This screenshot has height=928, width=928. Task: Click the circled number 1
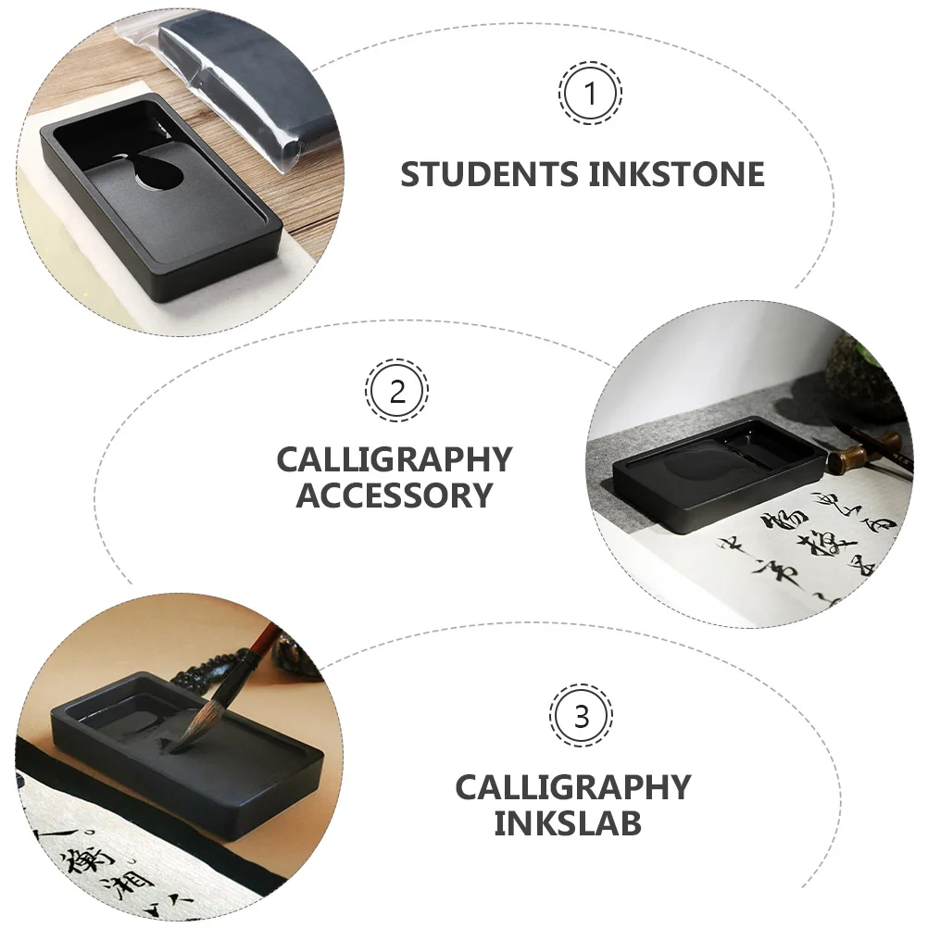coord(589,93)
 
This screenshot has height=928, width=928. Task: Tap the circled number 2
coord(396,391)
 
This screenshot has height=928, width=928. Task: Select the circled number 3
coord(581,716)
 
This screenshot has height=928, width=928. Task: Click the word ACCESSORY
coord(395,495)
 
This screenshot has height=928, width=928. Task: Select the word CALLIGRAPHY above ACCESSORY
coord(395,459)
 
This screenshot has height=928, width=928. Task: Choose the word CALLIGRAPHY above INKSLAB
coord(572,787)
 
